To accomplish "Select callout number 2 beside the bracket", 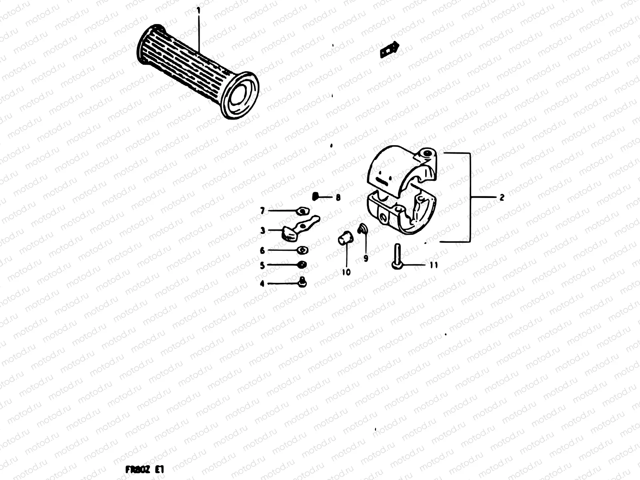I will [x=502, y=197].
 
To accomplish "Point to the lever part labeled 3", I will [x=298, y=229].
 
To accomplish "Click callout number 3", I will [x=262, y=230].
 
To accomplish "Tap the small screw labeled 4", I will [x=303, y=282].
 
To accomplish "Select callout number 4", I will [x=262, y=284].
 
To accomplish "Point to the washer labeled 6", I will [x=303, y=250].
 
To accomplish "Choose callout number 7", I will [x=262, y=210].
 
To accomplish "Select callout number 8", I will [x=338, y=197].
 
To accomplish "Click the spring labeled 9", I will [x=362, y=228].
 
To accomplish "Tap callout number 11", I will [x=434, y=265].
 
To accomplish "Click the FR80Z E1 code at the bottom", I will [x=145, y=469].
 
